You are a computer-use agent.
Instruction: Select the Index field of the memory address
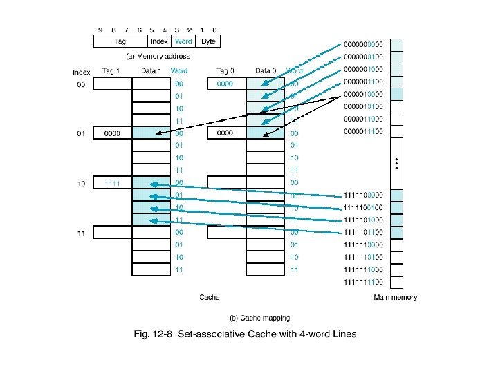[159, 41]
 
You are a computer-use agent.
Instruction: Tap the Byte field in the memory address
[208, 41]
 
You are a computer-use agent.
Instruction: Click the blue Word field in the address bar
[183, 41]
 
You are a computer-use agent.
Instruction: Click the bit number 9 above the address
[100, 30]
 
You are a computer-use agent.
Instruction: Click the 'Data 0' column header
[266, 71]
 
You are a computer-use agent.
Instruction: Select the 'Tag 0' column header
[225, 71]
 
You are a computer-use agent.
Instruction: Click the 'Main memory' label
[395, 298]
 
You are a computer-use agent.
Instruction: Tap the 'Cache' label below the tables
[210, 298]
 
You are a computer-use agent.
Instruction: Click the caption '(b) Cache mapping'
[259, 318]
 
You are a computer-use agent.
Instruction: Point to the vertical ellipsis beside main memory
[396, 163]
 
